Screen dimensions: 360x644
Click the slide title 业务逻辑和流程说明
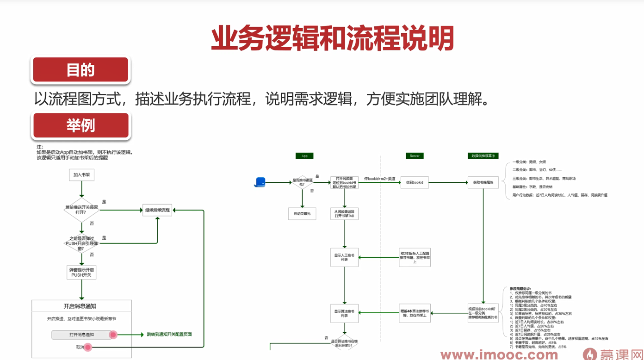(332, 39)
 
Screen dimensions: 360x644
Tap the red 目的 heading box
(80, 70)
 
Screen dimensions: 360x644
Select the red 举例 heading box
(80, 125)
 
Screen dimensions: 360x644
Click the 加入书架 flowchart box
(81, 175)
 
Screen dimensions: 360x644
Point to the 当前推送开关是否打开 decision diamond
(81, 210)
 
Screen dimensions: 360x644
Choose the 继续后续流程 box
(157, 210)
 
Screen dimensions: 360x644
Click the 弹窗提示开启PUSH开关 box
(81, 273)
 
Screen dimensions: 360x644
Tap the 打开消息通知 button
(82, 335)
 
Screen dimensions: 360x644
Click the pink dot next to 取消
(88, 347)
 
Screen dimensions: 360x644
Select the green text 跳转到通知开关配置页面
(169, 334)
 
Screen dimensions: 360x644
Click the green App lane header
(304, 156)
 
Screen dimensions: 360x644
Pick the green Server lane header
(415, 156)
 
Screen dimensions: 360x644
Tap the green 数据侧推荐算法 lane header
(483, 156)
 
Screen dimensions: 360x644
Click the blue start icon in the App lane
(260, 182)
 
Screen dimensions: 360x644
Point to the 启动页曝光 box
(302, 214)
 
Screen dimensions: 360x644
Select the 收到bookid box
(415, 182)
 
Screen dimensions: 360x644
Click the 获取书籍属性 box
(483, 182)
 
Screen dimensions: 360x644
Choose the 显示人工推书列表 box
(344, 257)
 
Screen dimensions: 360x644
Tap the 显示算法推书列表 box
(344, 313)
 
